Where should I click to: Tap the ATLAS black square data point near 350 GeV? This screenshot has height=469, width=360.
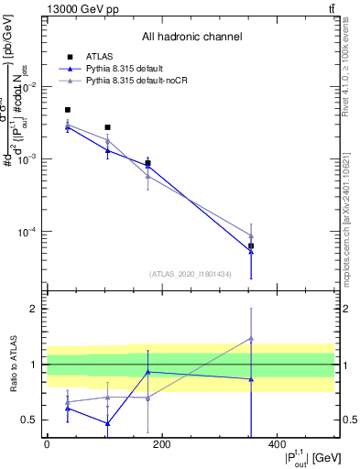coord(251,246)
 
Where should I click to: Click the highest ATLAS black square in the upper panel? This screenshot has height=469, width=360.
coord(68,110)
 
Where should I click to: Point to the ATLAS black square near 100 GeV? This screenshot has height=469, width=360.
coord(107,127)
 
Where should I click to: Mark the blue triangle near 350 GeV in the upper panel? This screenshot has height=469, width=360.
coord(251,252)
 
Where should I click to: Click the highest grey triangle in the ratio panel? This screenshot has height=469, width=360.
coord(251,338)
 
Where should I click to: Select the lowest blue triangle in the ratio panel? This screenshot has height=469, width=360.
coord(107,423)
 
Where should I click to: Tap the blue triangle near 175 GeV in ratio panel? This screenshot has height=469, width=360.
coord(147,372)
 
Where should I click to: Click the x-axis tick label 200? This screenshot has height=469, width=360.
coord(161,443)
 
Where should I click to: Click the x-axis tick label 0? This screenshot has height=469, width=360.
coord(47,443)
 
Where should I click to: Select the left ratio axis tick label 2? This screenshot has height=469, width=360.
coord(34,309)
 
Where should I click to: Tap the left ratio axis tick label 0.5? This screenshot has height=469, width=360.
coord(30,420)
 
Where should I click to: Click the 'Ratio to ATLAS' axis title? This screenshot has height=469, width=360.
coord(13,365)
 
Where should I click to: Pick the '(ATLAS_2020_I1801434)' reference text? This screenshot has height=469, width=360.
coord(191,273)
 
